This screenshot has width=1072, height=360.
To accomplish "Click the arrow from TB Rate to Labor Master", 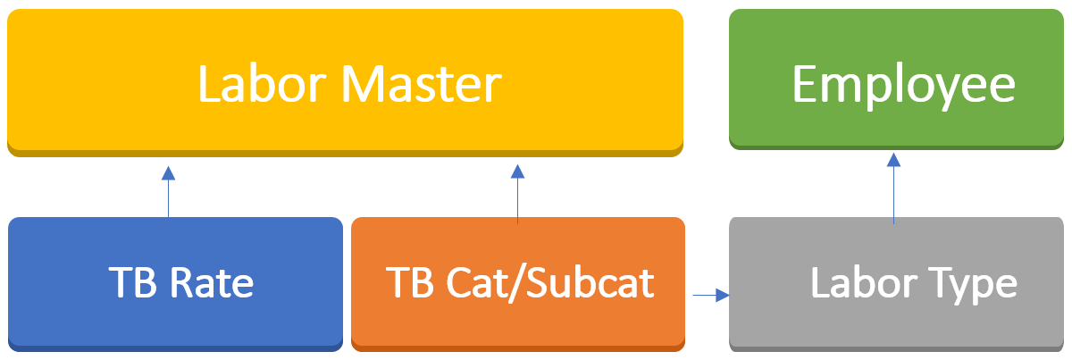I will click(x=168, y=192).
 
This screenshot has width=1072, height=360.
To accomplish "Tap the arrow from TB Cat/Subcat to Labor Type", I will click(x=711, y=294).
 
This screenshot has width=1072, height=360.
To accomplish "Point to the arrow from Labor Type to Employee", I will click(x=893, y=188).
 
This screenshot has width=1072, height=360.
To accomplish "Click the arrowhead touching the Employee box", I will click(x=893, y=160).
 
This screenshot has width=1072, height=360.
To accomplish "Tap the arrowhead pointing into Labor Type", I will click(x=723, y=294).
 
